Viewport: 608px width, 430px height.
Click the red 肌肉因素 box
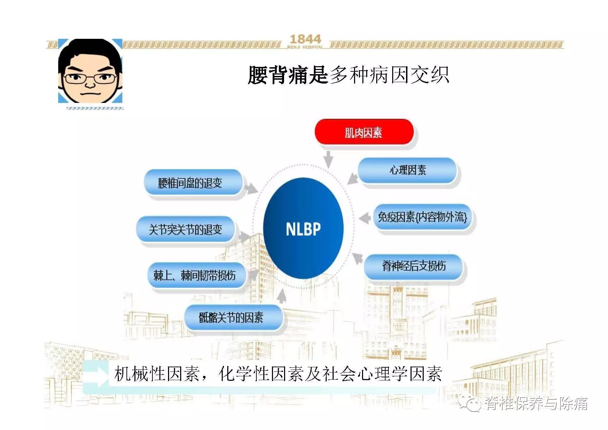tap(364, 132)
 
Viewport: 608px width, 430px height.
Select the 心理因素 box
tap(407, 170)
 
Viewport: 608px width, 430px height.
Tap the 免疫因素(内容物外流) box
tap(422, 217)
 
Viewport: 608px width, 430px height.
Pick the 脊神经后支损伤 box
tap(414, 266)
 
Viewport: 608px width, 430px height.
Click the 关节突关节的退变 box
tap(185, 229)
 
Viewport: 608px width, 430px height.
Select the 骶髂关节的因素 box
tap(231, 317)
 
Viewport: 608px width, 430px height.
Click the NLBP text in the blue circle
tap(303, 229)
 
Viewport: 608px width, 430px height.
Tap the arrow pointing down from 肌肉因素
tap(328, 159)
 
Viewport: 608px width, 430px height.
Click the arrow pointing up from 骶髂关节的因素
tap(282, 296)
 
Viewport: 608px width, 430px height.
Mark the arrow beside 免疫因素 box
tap(364, 218)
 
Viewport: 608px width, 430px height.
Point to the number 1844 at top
tap(305, 39)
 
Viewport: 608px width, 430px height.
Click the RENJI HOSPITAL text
tap(305, 47)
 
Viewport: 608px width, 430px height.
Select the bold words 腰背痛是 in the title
tap(288, 75)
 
